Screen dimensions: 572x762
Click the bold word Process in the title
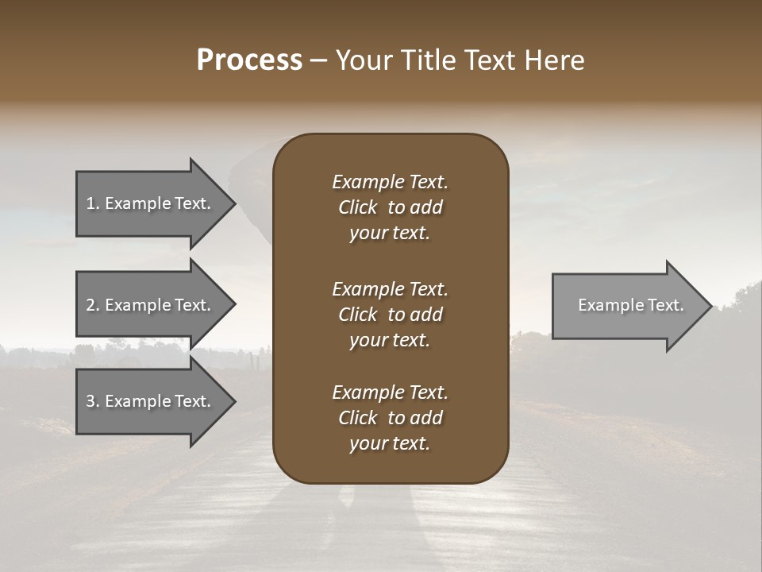pyautogui.click(x=249, y=60)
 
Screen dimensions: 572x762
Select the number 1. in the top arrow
pyautogui.click(x=93, y=203)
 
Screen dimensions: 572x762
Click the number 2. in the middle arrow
pyautogui.click(x=93, y=305)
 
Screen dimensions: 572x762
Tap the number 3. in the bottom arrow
pyautogui.click(x=93, y=401)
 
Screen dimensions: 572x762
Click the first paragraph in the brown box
pyautogui.click(x=390, y=207)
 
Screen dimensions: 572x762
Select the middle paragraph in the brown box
pyautogui.click(x=390, y=315)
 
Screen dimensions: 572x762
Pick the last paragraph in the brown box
pyautogui.click(x=390, y=418)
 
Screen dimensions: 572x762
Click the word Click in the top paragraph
pyautogui.click(x=357, y=207)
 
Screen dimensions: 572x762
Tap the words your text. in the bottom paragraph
pyautogui.click(x=390, y=443)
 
